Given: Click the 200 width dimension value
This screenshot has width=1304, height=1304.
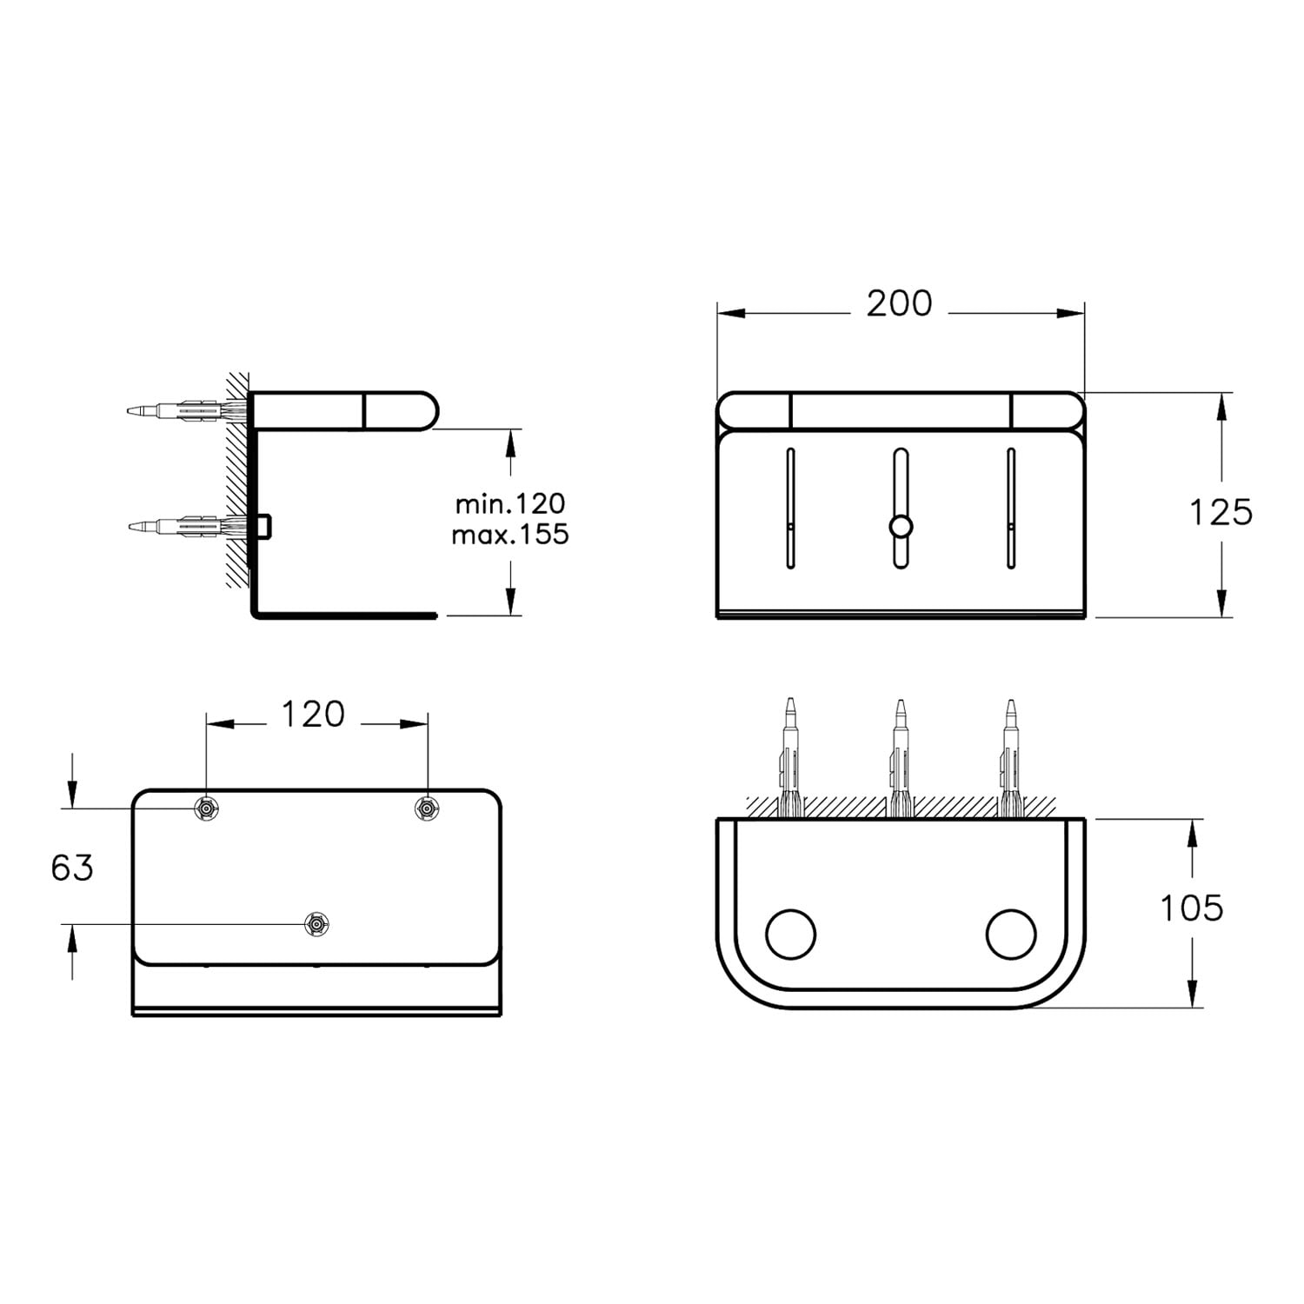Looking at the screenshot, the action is point(899,303).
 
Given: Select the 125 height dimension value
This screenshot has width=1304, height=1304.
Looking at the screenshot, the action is point(1221,512).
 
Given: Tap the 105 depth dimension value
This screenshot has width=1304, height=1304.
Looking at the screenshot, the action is point(1192,908).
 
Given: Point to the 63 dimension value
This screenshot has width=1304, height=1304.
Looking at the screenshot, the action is point(72,867).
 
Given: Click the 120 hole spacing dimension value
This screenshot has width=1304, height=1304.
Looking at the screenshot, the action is point(313,715).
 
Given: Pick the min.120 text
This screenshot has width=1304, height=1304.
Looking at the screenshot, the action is point(510,503).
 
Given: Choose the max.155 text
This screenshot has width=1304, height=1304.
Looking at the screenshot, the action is point(510,534).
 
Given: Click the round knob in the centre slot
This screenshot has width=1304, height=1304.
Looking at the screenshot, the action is point(901,526).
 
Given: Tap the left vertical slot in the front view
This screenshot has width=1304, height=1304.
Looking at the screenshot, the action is point(790,509).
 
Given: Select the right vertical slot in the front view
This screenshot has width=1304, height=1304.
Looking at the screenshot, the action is point(1011,509).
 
